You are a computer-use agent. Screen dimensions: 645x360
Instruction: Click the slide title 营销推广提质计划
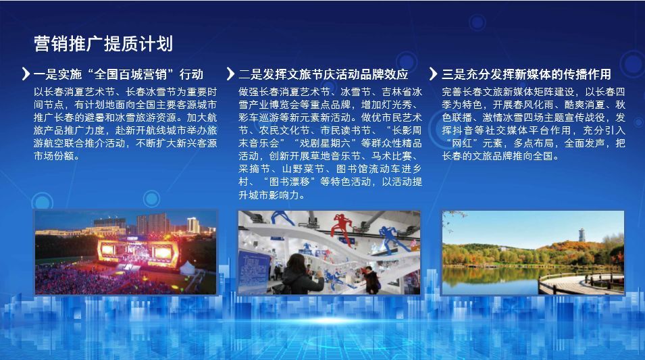tap(103, 44)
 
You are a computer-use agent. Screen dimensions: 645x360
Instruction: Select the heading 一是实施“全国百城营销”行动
tap(118, 74)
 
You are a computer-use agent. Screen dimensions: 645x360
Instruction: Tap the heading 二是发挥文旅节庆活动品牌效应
tap(324, 74)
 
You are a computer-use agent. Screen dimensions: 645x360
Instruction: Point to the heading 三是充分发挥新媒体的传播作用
tap(527, 74)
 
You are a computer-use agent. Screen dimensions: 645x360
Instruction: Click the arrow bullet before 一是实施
tap(26, 74)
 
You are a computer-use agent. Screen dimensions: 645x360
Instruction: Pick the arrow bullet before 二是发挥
tap(230, 74)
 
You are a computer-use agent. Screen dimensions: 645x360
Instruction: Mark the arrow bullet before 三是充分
tap(433, 74)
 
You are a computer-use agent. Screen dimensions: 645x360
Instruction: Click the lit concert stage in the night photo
tap(138, 252)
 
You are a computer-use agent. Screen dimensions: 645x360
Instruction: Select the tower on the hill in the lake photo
tap(582, 235)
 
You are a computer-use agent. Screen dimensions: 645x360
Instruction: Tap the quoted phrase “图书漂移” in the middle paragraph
tap(288, 182)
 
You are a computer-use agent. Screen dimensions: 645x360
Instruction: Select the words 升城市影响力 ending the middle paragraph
tap(269, 195)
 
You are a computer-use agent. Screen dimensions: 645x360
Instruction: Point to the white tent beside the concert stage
tap(188, 267)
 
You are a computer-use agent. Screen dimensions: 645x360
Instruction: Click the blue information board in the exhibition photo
tap(255, 271)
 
